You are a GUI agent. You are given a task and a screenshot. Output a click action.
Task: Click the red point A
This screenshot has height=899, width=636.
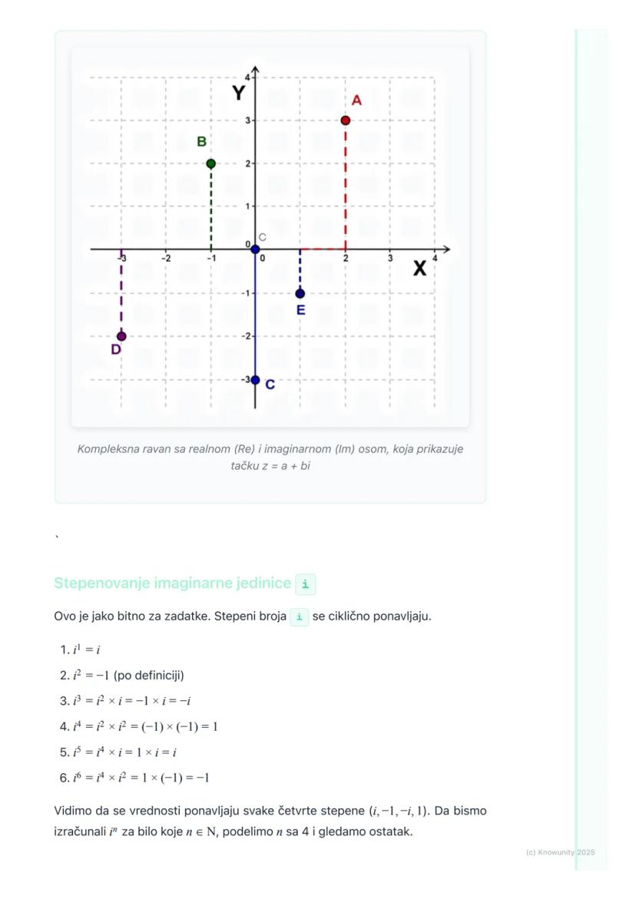(x=346, y=121)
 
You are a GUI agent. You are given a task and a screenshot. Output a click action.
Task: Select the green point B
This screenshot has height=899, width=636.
(x=211, y=164)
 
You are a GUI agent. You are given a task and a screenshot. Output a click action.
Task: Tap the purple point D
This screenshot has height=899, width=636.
(x=121, y=336)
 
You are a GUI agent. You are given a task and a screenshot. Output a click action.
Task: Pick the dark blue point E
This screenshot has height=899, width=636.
(x=300, y=293)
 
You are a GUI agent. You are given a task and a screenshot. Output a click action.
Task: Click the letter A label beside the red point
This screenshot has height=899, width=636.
(x=356, y=101)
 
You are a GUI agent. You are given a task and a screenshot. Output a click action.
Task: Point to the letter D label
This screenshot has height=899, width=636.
(x=116, y=350)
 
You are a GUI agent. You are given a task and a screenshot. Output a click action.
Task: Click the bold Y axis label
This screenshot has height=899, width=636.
(x=239, y=93)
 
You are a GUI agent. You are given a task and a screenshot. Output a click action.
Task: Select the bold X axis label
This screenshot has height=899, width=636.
(x=419, y=269)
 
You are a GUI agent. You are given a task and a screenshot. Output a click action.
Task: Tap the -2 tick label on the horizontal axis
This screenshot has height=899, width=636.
(x=166, y=259)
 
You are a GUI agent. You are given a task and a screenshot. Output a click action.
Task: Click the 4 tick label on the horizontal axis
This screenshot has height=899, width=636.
(x=435, y=259)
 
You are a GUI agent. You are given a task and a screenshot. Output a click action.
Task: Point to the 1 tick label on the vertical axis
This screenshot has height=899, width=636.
(x=247, y=206)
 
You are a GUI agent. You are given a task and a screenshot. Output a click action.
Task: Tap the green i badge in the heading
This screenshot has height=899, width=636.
(x=305, y=584)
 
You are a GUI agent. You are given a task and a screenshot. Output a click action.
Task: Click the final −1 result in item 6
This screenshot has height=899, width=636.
(x=202, y=778)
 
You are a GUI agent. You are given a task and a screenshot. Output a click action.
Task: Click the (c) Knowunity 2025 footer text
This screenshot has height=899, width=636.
(x=561, y=852)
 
